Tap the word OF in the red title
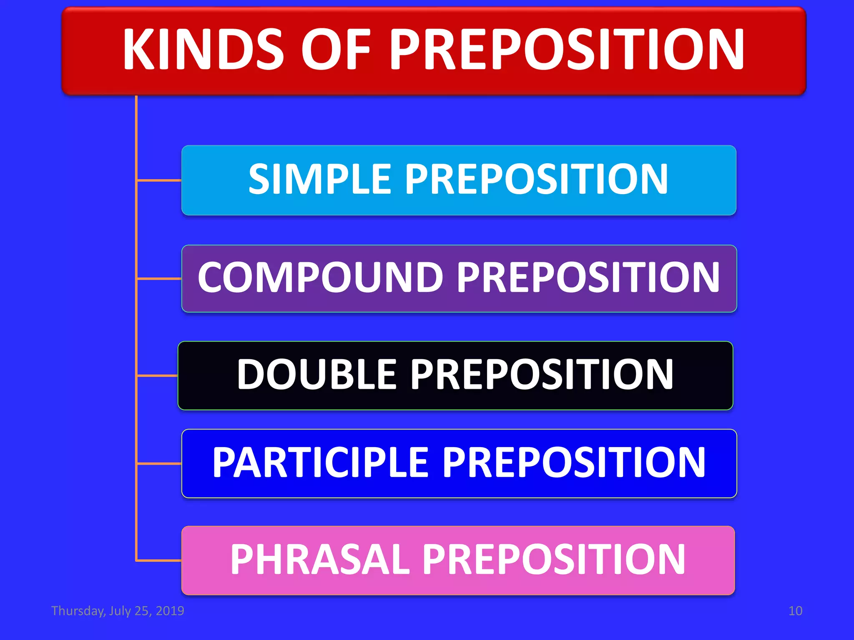coord(336,50)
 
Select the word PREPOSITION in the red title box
coord(567,50)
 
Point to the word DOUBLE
coord(316,375)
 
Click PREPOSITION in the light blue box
coord(537,179)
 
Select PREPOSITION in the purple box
coord(588,277)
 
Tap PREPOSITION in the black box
coord(542,375)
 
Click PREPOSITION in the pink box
coord(554,559)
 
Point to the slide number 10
coord(795,611)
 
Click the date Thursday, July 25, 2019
coord(118,611)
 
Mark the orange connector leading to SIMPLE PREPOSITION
coord(159,180)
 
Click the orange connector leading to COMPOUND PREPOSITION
coord(159,278)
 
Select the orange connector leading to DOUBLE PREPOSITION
coord(157,376)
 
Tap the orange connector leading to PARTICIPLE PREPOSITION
coord(159,463)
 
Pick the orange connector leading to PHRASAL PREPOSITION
coord(159,561)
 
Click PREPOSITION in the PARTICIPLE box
coord(573,462)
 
